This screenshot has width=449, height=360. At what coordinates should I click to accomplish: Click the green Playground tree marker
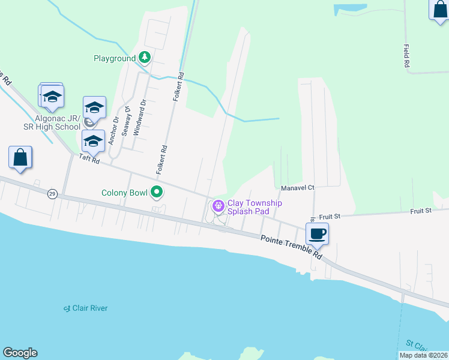(145, 58)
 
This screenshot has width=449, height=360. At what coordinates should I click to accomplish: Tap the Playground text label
(115, 59)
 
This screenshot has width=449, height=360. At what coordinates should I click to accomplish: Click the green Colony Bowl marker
(157, 193)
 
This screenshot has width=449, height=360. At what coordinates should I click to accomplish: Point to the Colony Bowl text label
(124, 193)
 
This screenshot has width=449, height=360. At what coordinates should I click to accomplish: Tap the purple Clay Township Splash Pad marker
(218, 206)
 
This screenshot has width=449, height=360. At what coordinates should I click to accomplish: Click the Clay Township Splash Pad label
(255, 208)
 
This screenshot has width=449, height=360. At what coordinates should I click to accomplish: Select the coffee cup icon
(317, 233)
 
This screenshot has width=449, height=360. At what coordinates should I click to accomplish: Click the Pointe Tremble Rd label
(291, 247)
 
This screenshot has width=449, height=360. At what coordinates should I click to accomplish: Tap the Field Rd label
(406, 55)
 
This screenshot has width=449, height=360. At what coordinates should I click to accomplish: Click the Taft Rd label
(89, 158)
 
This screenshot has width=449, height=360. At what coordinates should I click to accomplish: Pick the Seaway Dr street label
(127, 121)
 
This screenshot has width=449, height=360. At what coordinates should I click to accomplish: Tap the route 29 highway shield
(52, 194)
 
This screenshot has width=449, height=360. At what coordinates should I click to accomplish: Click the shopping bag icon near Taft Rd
(20, 157)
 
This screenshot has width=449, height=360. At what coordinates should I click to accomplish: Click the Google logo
(20, 353)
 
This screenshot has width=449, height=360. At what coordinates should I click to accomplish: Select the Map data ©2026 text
(423, 355)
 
